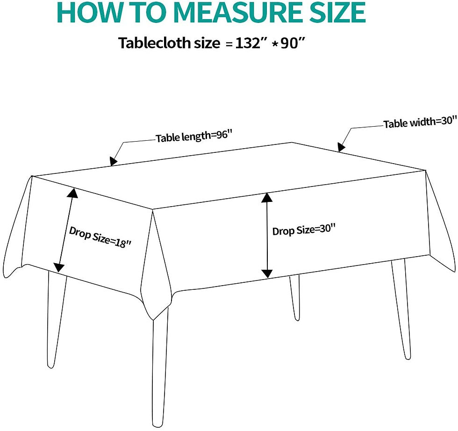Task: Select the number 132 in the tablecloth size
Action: pyautogui.click(x=248, y=43)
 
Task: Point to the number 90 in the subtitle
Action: pyautogui.click(x=289, y=43)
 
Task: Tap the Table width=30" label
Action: pyautogui.click(x=420, y=122)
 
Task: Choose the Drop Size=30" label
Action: pyautogui.click(x=304, y=230)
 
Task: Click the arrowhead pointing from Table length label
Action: pyautogui.click(x=113, y=161)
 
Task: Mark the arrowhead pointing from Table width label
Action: pyautogui.click(x=341, y=147)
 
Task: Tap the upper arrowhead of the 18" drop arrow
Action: pyautogui.click(x=73, y=193)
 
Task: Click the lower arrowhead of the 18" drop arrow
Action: pyautogui.click(x=58, y=267)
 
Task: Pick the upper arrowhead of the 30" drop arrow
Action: pyautogui.click(x=267, y=198)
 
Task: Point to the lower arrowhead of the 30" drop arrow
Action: pyautogui.click(x=267, y=273)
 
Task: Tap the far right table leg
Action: pyautogui.click(x=401, y=308)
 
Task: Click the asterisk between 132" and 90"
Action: pyautogui.click(x=274, y=44)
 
